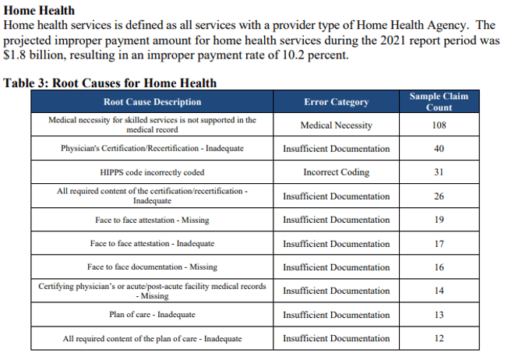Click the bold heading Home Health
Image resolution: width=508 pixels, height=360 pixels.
(x=40, y=11)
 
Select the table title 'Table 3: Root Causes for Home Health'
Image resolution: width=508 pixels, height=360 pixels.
(x=110, y=83)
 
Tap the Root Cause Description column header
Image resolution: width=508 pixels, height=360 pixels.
(x=152, y=102)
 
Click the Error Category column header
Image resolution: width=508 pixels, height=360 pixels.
(x=336, y=102)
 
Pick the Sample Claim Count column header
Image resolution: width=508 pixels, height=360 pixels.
(x=439, y=101)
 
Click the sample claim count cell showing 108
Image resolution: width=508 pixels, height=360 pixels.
(x=439, y=125)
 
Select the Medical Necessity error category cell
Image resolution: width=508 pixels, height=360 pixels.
(x=336, y=125)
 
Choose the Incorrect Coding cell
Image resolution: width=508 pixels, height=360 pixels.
(x=336, y=172)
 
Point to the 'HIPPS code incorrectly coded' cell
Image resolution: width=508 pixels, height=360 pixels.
(x=152, y=172)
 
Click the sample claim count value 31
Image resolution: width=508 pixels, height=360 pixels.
(x=439, y=172)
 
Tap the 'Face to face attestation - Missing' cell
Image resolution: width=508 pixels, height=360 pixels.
(x=152, y=221)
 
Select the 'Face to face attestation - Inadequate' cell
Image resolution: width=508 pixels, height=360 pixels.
(x=152, y=244)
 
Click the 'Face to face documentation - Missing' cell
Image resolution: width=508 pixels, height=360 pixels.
(x=152, y=267)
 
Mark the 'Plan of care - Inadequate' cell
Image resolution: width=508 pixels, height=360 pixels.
(x=152, y=315)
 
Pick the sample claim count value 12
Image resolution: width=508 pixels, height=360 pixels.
(x=439, y=338)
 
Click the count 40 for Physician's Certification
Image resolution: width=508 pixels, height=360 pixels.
(x=439, y=148)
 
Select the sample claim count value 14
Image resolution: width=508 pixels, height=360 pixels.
(x=439, y=291)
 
